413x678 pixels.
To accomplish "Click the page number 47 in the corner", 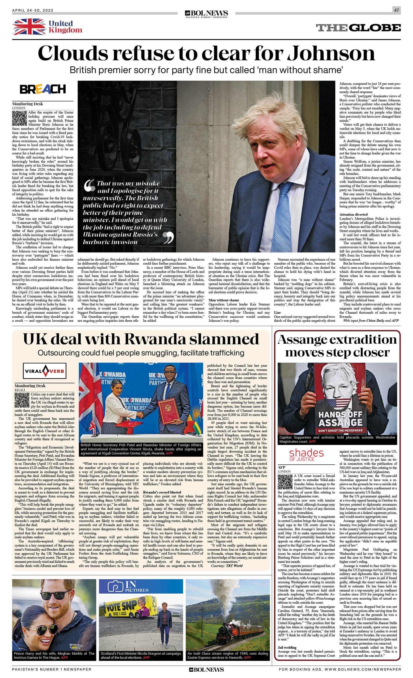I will [396, 10].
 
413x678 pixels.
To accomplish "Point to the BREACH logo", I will [43, 89].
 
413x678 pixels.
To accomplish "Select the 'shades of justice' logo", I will [306, 455].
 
